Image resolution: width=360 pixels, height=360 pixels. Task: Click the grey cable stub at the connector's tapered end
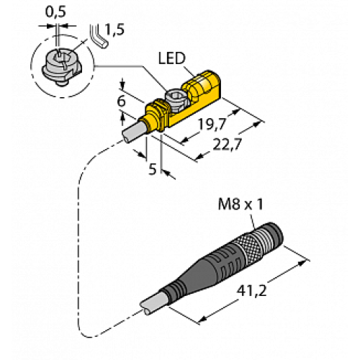tap(150, 303)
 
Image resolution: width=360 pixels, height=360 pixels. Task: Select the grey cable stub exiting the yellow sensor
tap(133, 134)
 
